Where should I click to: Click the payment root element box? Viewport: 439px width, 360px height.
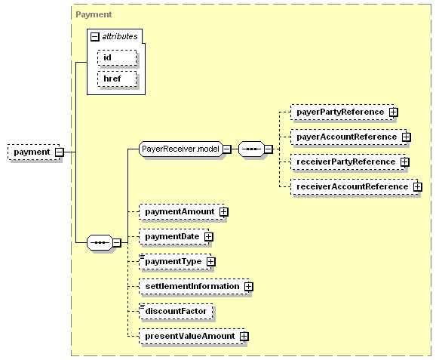tap(34, 152)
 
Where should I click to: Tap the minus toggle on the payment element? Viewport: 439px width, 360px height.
tap(60, 152)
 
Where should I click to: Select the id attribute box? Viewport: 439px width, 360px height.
tap(117, 57)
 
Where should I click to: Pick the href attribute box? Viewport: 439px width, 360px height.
tap(117, 78)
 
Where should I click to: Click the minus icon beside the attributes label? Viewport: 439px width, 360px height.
tap(95, 36)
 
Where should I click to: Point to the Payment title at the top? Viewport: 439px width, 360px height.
tap(94, 14)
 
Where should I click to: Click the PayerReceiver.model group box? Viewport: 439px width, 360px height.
tap(181, 149)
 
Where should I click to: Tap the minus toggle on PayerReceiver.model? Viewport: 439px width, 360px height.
tap(227, 149)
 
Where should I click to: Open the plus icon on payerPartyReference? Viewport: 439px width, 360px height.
tap(393, 112)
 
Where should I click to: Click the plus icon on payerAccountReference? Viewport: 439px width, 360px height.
tap(406, 137)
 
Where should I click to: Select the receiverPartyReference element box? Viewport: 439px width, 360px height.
tap(348, 162)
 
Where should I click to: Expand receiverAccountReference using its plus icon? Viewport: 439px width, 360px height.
tap(417, 187)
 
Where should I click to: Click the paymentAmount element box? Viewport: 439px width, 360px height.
tap(182, 212)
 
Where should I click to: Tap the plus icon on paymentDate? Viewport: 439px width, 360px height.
tap(209, 237)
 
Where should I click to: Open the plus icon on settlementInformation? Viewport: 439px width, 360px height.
tap(248, 287)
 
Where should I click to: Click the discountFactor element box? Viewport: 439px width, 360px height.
tap(176, 312)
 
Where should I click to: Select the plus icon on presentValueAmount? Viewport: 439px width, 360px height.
tap(244, 337)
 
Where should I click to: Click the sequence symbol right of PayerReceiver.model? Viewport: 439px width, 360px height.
tap(251, 149)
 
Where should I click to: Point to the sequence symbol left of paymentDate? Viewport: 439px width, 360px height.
tap(100, 242)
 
